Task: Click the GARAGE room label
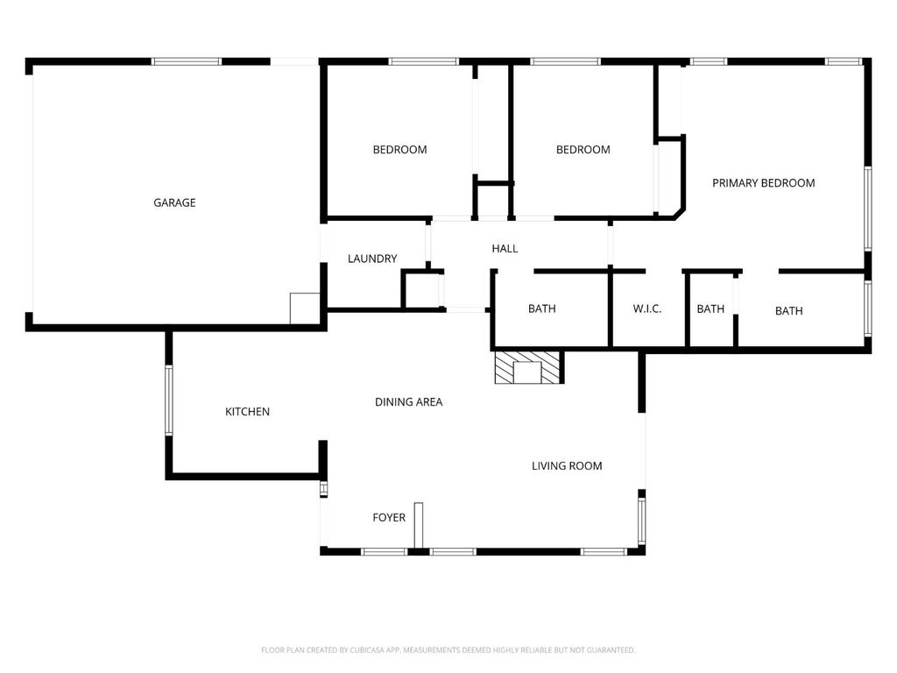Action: tap(174, 202)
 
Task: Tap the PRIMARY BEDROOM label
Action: tap(763, 183)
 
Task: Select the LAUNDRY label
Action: tap(372, 259)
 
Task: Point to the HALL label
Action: tap(505, 249)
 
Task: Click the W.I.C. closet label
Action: tap(646, 309)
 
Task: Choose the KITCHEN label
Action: tap(247, 412)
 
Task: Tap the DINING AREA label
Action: tap(408, 402)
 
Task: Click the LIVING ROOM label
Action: tap(567, 466)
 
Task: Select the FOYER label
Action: tap(389, 518)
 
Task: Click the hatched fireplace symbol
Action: tap(526, 368)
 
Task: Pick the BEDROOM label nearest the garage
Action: tap(399, 150)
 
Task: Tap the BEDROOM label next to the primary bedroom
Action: tap(583, 150)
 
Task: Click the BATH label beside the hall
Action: tap(541, 309)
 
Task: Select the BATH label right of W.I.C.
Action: tap(710, 309)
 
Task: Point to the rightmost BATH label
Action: tap(788, 311)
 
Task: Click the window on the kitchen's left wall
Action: tap(169, 400)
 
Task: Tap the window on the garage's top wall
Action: tap(187, 61)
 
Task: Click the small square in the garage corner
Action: tap(303, 308)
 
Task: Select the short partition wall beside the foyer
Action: tap(419, 526)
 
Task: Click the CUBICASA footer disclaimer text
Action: tap(448, 650)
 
